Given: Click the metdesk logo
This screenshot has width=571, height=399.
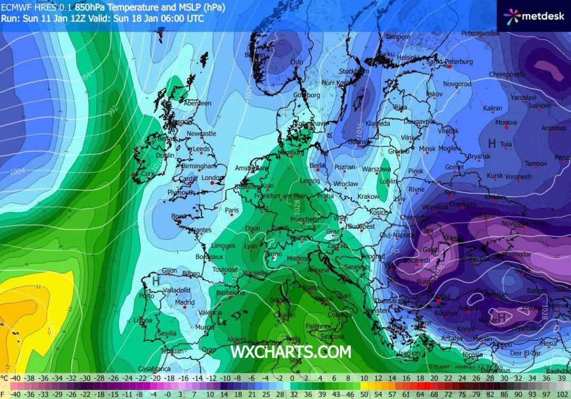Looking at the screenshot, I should [534, 16].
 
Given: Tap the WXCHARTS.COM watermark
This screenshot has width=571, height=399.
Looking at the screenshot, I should [291, 352].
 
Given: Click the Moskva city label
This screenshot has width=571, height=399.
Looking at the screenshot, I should [506, 122].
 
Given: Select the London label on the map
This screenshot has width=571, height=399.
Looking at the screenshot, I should [212, 178].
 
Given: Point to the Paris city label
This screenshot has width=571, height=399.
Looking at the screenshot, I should [232, 210].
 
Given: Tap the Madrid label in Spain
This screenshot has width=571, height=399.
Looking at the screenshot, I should [185, 302].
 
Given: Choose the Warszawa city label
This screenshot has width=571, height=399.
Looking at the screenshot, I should [377, 169].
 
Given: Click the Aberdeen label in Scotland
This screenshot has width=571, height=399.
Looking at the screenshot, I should [197, 103].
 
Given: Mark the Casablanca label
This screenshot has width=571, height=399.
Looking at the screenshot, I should [155, 369].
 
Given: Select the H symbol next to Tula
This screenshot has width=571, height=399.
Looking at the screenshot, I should [492, 143].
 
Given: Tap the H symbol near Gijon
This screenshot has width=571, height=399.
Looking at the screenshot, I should [156, 280].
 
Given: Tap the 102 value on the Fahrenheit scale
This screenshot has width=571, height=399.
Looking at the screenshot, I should [563, 394].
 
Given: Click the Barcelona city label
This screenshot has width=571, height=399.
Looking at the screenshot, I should [230, 293].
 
